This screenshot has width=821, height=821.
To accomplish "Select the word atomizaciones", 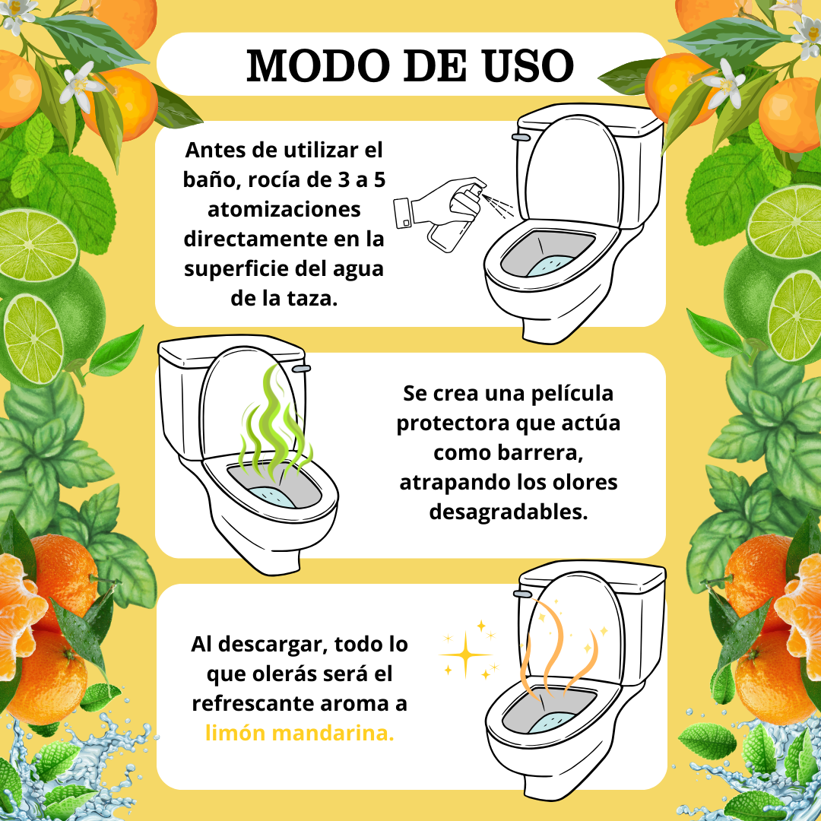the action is (284, 210).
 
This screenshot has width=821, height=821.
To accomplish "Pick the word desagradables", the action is (509, 512).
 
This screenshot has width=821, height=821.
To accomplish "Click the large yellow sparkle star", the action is (465, 655).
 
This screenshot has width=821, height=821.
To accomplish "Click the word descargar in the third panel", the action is (273, 645).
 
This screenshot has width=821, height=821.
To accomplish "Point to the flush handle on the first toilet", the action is (521, 137).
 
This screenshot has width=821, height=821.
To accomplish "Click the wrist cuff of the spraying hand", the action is (403, 213).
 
